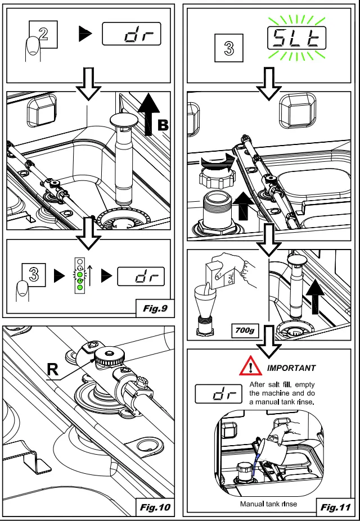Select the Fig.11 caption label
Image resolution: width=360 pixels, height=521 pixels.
pos(336,508)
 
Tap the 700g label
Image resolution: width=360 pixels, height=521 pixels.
pos(244,331)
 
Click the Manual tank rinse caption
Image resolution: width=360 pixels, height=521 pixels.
pos(268,504)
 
